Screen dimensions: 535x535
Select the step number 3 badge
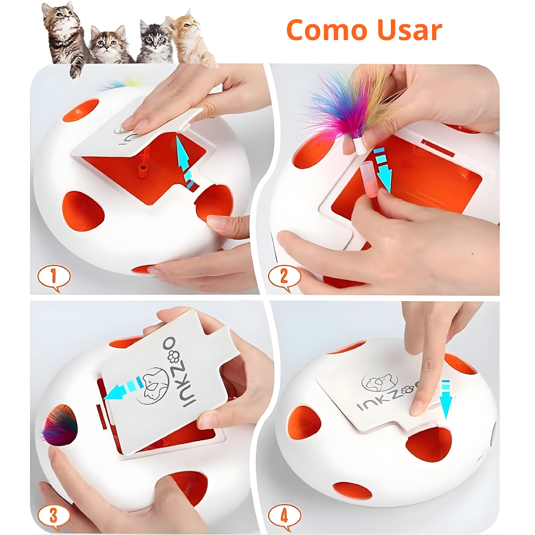(x=54, y=516)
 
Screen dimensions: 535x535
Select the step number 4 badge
(x=284, y=516)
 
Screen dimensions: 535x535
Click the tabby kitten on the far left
(x=62, y=35)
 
